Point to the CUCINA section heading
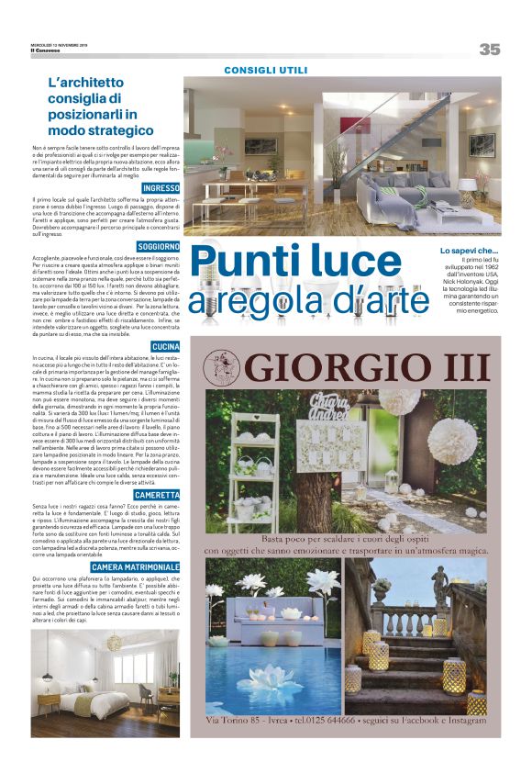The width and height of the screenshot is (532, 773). (x=165, y=345)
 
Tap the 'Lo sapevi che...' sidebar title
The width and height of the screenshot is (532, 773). (x=469, y=250)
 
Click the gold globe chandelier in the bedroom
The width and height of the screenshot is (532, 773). (x=114, y=642)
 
